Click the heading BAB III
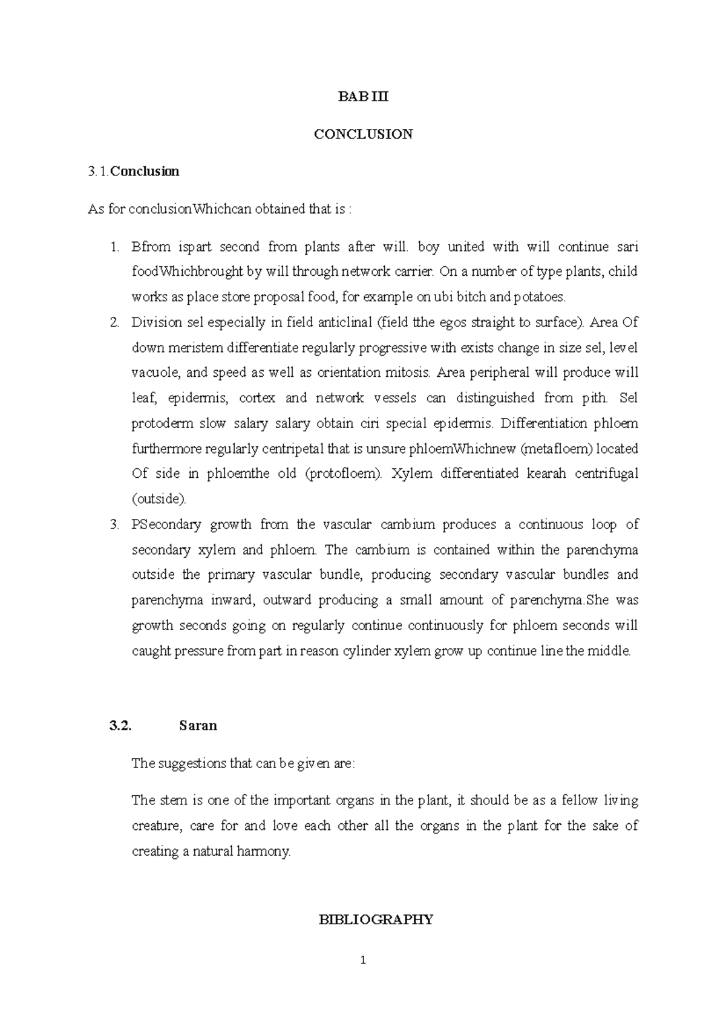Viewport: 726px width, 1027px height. [363, 97]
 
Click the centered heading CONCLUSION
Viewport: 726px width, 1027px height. [363, 134]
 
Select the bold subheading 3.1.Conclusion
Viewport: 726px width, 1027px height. [133, 171]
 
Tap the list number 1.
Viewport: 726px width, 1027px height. [114, 247]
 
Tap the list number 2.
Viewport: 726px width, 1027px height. [114, 322]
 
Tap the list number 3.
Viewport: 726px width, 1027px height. [114, 525]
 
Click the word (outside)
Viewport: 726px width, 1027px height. [159, 499]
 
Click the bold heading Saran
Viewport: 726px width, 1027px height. [198, 726]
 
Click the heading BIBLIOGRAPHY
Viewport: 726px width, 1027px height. [376, 920]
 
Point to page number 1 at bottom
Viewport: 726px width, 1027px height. [363, 960]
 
